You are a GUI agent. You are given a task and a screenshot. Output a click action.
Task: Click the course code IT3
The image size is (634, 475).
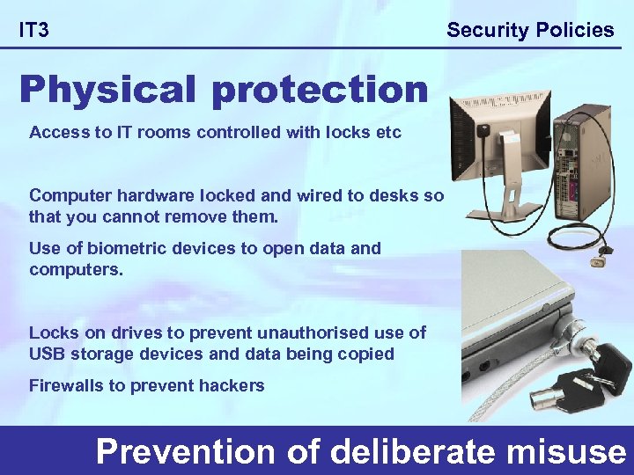(x=34, y=31)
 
